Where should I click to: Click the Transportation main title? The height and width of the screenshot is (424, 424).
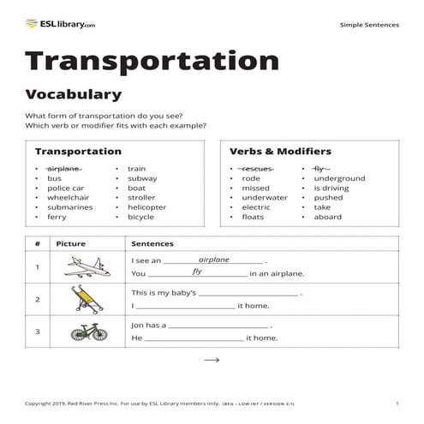click(152, 61)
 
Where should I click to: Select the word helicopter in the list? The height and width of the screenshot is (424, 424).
click(147, 206)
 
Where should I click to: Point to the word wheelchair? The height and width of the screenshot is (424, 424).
click(68, 197)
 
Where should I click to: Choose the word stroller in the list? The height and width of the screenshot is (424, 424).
click(142, 197)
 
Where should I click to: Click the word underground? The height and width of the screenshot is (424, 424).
click(339, 178)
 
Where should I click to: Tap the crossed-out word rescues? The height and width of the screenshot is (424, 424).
click(257, 169)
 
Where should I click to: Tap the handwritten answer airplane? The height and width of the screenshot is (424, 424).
click(214, 259)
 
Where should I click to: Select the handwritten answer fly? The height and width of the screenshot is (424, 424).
click(197, 272)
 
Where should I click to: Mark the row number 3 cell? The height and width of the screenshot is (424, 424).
click(38, 331)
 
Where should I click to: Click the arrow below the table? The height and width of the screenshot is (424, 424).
click(212, 361)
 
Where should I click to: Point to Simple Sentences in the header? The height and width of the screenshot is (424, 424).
click(369, 25)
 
